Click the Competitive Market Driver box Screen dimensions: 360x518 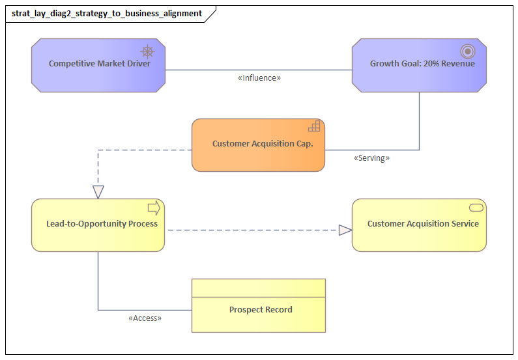(98, 65)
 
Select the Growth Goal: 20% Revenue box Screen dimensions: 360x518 (419, 65)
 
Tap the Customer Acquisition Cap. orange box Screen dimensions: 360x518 (258, 145)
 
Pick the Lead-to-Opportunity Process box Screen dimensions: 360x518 (98, 225)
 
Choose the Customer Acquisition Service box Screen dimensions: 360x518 (419, 225)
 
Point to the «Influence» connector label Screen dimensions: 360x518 (259, 77)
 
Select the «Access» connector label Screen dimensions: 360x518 (145, 318)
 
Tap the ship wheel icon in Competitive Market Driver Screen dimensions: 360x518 (148, 51)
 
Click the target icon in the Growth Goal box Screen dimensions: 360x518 (467, 51)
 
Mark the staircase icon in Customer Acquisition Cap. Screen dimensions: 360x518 (314, 126)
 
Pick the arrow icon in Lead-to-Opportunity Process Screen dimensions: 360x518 (154, 208)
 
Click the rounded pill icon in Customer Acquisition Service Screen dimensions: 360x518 (476, 207)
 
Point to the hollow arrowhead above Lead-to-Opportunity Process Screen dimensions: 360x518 (98, 191)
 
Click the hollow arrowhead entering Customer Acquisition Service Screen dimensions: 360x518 (345, 229)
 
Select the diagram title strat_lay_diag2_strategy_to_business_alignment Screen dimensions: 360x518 (107, 13)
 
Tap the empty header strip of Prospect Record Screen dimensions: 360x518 (258, 288)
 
